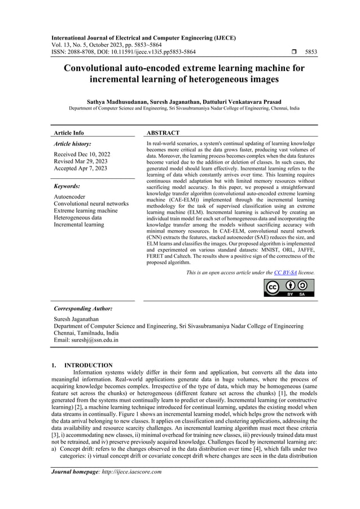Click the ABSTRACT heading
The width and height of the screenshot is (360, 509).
163,133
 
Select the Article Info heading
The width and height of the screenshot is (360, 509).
69,133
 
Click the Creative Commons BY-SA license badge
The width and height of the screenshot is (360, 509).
289,287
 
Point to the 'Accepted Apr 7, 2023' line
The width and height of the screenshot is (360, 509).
80,169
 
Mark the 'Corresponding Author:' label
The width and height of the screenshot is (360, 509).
82,309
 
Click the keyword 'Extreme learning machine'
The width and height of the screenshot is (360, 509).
85,210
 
